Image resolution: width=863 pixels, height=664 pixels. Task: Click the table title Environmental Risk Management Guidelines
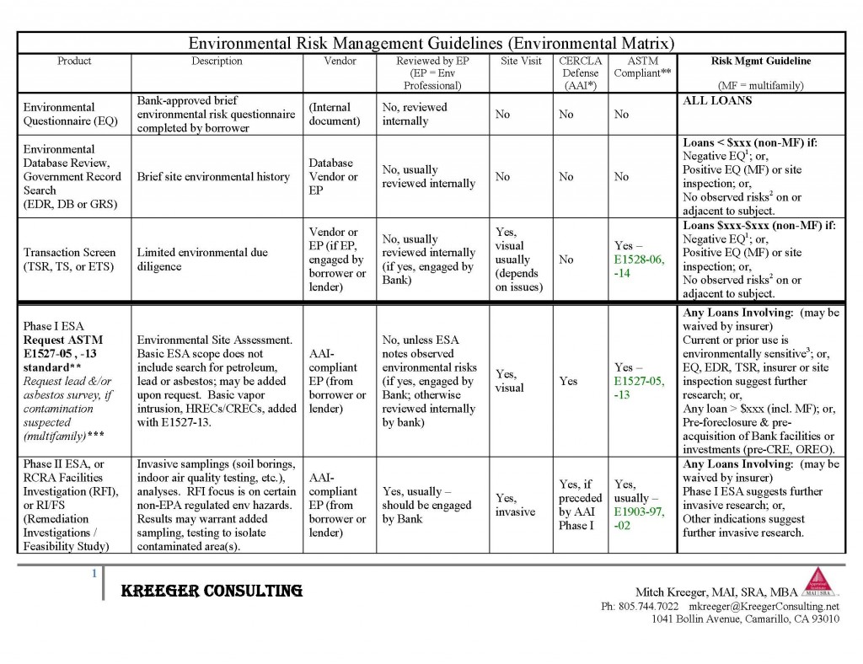coord(431,43)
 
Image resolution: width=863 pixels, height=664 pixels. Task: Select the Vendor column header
coord(340,62)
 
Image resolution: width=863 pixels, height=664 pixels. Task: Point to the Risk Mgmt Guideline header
coord(761,62)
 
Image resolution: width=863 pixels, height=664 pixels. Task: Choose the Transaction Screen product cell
coord(70,260)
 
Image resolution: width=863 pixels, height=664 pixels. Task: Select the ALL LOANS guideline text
coord(717,100)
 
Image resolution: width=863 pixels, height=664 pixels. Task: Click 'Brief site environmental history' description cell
coord(213,177)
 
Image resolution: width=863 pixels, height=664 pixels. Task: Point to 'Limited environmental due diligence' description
coord(201,260)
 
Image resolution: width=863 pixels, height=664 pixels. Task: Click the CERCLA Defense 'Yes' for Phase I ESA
coord(569,381)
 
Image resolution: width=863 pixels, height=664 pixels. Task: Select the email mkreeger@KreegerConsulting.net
coord(764,606)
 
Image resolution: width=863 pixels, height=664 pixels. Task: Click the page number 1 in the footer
coord(95,575)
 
